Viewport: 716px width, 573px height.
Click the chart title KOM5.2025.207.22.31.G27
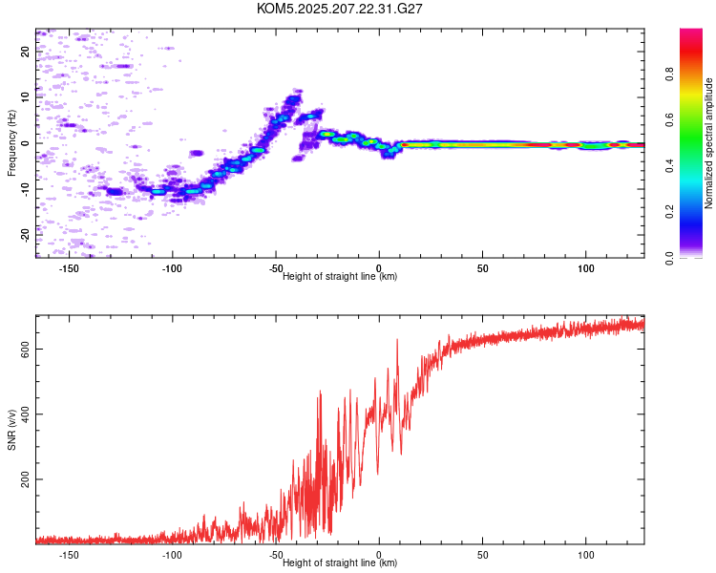tap(339, 9)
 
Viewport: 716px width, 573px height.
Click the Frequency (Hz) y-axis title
tap(11, 143)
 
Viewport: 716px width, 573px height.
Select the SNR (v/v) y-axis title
tap(11, 430)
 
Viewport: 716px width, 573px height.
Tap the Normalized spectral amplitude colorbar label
tap(708, 143)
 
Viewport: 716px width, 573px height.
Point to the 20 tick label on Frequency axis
tap(25, 52)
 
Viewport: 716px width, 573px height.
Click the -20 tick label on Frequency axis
tap(25, 236)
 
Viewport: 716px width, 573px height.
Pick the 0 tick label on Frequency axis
tap(25, 143)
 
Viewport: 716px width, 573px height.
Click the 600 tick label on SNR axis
tap(25, 350)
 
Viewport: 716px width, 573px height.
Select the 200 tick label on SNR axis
tap(25, 479)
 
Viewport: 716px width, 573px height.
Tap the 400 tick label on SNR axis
tap(25, 414)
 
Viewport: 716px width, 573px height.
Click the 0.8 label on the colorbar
tap(669, 74)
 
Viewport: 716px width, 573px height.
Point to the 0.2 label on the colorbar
tap(669, 212)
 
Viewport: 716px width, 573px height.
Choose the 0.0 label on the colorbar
tap(669, 258)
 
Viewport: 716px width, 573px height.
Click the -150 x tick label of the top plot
tap(69, 268)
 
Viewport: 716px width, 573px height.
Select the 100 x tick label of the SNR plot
tap(586, 555)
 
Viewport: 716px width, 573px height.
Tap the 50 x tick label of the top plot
tap(483, 268)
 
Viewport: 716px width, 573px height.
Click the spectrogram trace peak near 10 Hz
tap(293, 97)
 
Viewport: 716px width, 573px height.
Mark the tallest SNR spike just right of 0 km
tap(397, 340)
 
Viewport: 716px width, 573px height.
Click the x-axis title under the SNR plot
tap(340, 562)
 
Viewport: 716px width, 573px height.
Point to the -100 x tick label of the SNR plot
tap(172, 555)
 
